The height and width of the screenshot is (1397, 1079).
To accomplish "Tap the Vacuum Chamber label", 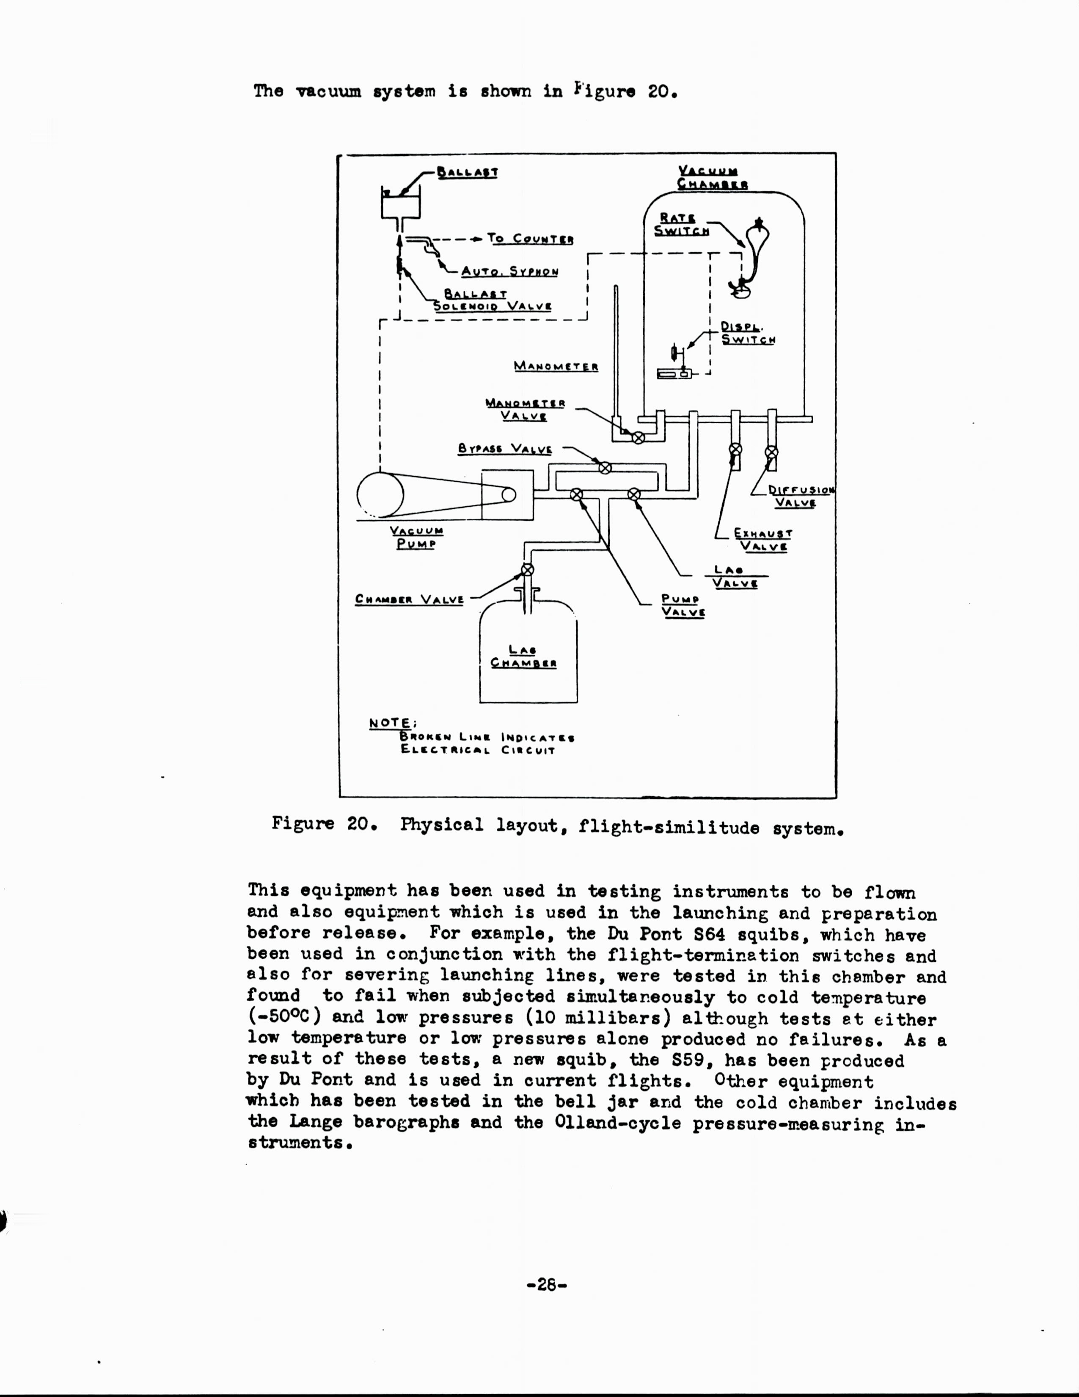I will pyautogui.click(x=712, y=177).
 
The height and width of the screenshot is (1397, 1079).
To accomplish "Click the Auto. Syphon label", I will pyautogui.click(x=509, y=271).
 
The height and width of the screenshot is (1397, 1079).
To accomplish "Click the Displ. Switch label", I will pyautogui.click(x=748, y=333).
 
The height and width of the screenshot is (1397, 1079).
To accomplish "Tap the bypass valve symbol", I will pyautogui.click(x=605, y=468).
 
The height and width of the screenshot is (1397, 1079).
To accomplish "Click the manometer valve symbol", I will pyautogui.click(x=637, y=438).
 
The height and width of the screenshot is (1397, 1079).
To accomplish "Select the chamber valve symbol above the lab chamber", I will pyautogui.click(x=527, y=570).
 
